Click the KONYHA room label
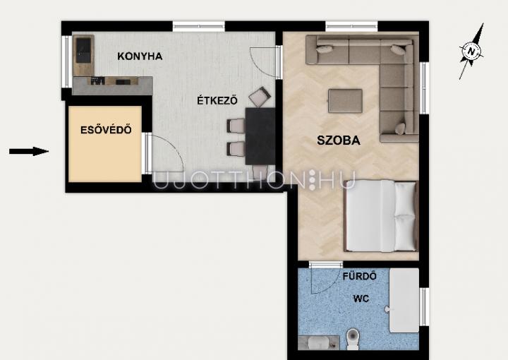click(x=140, y=56)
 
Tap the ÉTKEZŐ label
click(x=217, y=100)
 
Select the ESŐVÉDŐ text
click(x=106, y=130)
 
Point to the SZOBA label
click(x=338, y=140)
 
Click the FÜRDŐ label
click(x=360, y=276)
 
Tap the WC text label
click(x=361, y=298)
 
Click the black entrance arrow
click(x=29, y=151)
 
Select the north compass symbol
click(x=471, y=52)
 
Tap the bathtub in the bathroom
click(x=404, y=300)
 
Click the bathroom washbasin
click(x=318, y=343)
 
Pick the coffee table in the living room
click(x=345, y=101)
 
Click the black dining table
click(x=260, y=136)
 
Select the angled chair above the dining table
click(x=260, y=97)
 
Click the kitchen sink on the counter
click(x=83, y=50)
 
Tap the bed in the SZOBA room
click(x=381, y=216)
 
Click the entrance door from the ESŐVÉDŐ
click(x=147, y=153)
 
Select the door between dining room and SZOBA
click(x=278, y=61)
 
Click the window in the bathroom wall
click(x=424, y=306)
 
